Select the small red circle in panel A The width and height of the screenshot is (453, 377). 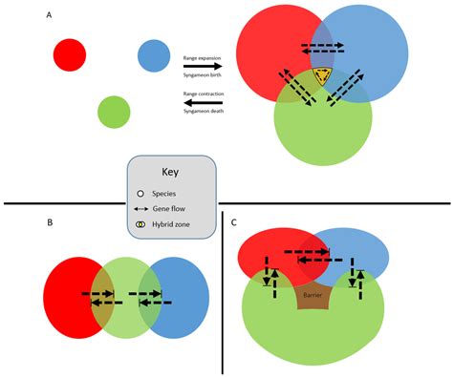pos(70,53)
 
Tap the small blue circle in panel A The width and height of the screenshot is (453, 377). pos(153,55)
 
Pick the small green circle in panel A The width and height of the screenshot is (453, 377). pos(114,112)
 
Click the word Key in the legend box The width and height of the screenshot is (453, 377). pos(170,175)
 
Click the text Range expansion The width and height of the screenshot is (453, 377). pos(202,58)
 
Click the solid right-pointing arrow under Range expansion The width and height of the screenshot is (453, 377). pos(202,67)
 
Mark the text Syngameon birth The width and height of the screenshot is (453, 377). pos(202,75)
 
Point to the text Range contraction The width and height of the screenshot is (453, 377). pos(203,93)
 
